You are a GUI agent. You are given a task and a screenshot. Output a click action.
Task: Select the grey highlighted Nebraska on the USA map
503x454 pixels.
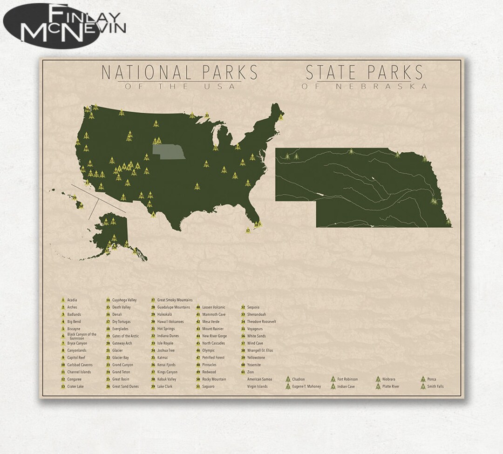[169, 150]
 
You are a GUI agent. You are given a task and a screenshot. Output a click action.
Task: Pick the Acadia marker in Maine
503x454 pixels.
[280, 117]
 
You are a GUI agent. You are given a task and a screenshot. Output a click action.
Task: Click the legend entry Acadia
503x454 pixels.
[72, 300]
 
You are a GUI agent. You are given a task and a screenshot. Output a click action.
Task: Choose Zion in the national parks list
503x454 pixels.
[251, 372]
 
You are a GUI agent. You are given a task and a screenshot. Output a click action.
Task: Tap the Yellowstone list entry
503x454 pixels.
[256, 358]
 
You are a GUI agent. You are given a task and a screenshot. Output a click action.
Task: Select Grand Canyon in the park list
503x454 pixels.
[122, 365]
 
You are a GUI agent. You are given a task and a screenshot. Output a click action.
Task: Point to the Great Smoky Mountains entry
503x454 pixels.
[175, 300]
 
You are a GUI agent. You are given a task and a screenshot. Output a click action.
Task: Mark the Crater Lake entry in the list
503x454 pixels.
[75, 386]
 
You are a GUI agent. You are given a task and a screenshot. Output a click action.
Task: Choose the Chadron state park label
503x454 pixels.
[299, 379]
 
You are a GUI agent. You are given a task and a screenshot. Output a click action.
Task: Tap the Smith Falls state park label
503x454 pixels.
[436, 386]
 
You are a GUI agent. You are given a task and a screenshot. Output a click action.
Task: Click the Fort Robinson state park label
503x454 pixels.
[347, 379]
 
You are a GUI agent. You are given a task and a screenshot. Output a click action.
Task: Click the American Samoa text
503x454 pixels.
[259, 379]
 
